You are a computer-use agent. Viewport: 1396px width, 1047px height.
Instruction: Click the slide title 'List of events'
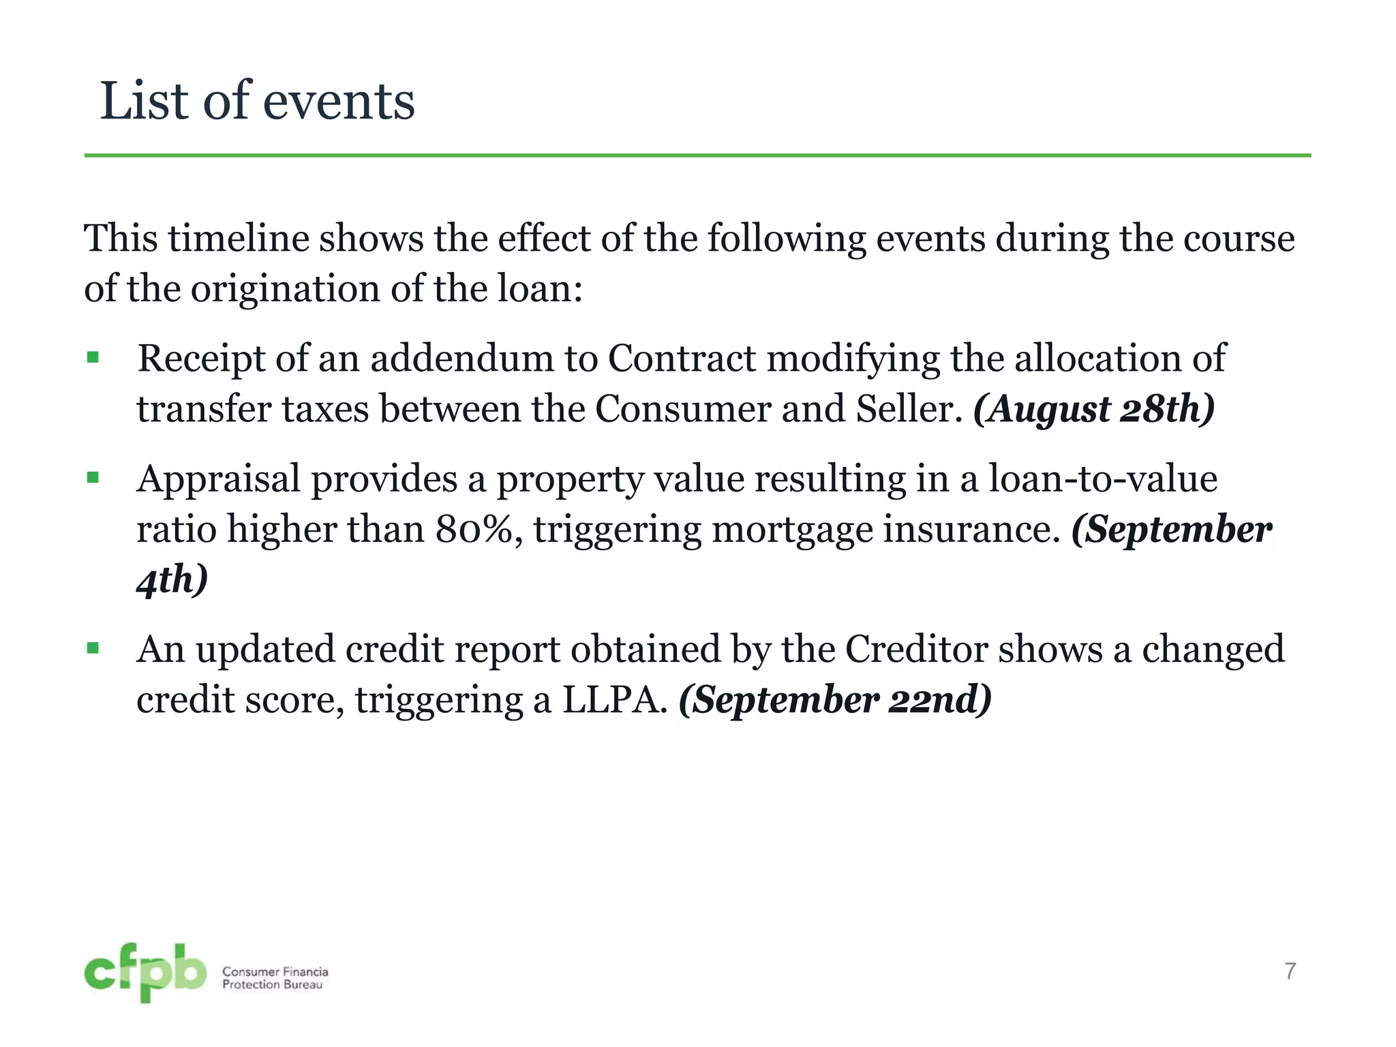pyautogui.click(x=257, y=101)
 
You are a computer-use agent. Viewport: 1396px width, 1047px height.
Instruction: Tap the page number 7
pyautogui.click(x=1290, y=971)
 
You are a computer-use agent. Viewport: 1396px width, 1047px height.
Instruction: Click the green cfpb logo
pyautogui.click(x=145, y=972)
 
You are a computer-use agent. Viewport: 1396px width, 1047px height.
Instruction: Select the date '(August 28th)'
pyautogui.click(x=1093, y=409)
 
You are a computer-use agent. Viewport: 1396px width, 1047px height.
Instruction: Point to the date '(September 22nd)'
pyautogui.click(x=835, y=700)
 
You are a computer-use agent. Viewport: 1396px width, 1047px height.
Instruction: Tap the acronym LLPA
pyautogui.click(x=614, y=700)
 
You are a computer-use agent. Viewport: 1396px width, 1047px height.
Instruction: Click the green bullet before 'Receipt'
pyautogui.click(x=93, y=357)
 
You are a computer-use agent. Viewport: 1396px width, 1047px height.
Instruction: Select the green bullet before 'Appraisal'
pyautogui.click(x=93, y=477)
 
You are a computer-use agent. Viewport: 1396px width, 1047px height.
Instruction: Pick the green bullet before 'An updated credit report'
pyautogui.click(x=93, y=648)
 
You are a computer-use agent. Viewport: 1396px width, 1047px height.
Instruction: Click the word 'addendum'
pyautogui.click(x=461, y=358)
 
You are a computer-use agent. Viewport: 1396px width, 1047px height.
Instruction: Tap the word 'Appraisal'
pyautogui.click(x=218, y=479)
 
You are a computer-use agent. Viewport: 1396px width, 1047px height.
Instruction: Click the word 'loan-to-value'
pyautogui.click(x=1102, y=478)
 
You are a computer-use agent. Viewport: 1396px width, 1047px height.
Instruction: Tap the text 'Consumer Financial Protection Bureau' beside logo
pyautogui.click(x=275, y=977)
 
